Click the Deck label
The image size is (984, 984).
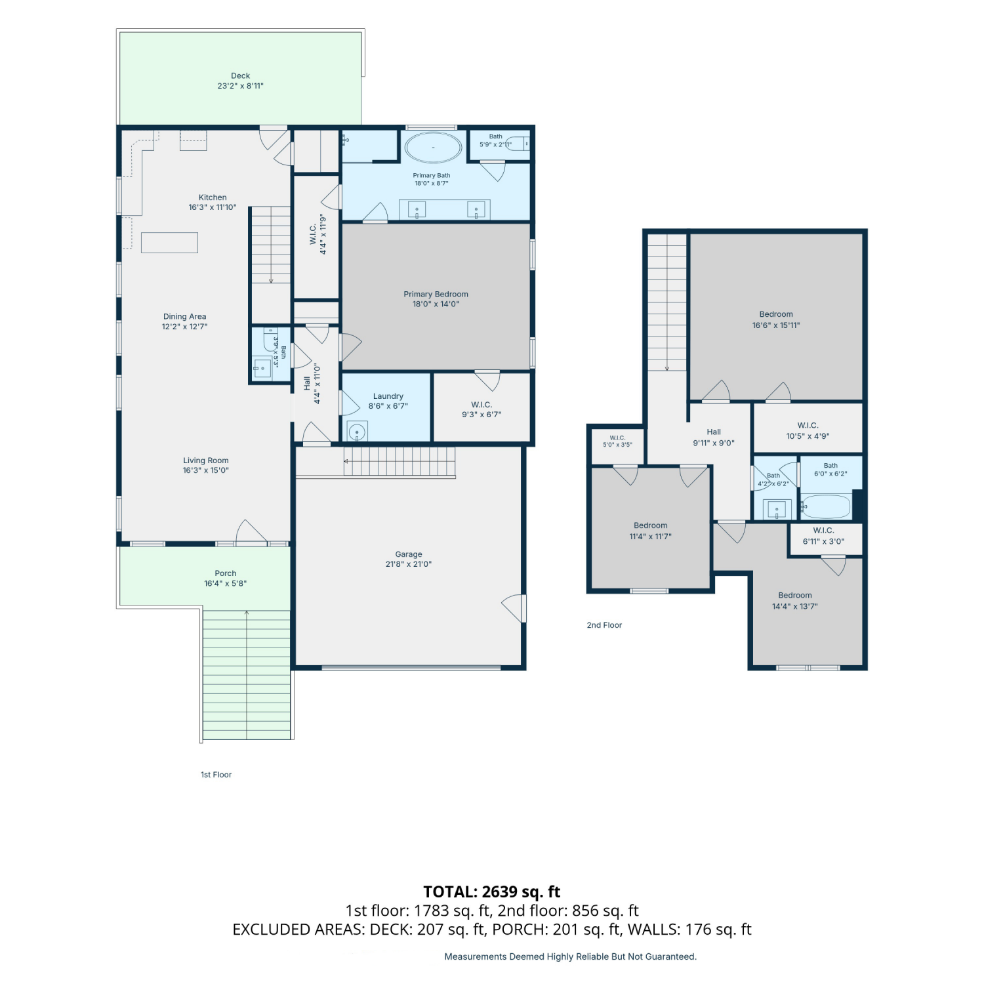pyautogui.click(x=240, y=75)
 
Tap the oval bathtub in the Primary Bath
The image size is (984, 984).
pyautogui.click(x=433, y=148)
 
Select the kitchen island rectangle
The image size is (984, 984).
pyautogui.click(x=169, y=242)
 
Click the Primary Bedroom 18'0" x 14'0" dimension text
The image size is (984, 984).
pyautogui.click(x=436, y=304)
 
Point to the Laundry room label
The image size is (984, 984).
pyautogui.click(x=388, y=396)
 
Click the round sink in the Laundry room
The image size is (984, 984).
pyautogui.click(x=357, y=432)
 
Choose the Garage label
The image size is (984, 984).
pyautogui.click(x=409, y=554)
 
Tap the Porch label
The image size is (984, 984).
pyautogui.click(x=226, y=573)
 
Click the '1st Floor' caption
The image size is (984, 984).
pyautogui.click(x=216, y=775)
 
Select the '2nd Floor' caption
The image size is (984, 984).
pyautogui.click(x=604, y=625)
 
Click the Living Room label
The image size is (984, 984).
pyautogui.click(x=206, y=461)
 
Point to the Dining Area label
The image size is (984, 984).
pyautogui.click(x=185, y=316)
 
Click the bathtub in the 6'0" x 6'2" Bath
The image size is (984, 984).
pyautogui.click(x=827, y=506)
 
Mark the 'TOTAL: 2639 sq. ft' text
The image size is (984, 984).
pyautogui.click(x=492, y=892)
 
